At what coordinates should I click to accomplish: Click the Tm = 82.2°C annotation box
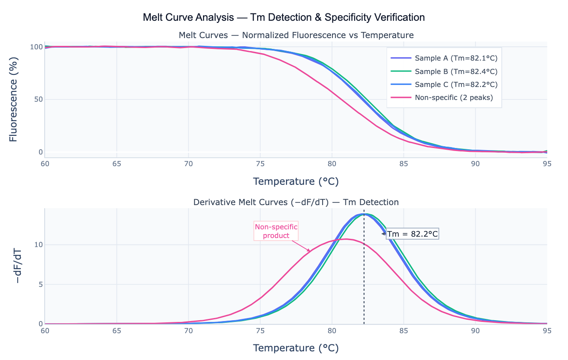413,234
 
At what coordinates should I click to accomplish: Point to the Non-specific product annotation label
276,231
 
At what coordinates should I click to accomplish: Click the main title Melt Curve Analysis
284,17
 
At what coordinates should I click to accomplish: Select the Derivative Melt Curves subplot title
296,202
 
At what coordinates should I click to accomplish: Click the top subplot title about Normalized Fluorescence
296,35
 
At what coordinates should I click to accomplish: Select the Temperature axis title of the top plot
296,181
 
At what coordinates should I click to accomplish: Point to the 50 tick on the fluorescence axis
38,100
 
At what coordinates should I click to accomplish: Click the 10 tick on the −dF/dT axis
38,245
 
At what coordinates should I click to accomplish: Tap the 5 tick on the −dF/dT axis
40,284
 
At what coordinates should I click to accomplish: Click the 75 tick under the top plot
260,164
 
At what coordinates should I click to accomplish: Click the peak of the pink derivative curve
345,239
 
